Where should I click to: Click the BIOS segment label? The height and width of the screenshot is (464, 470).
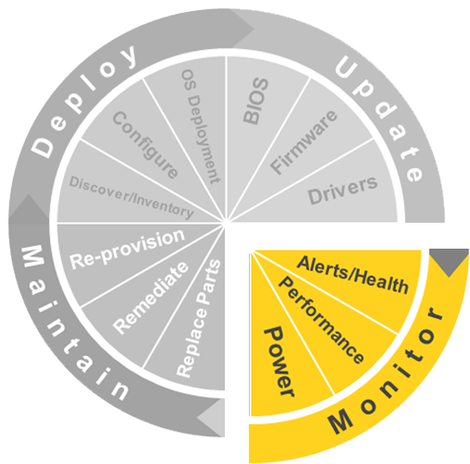[255, 101]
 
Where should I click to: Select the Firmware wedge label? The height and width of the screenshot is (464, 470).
[303, 142]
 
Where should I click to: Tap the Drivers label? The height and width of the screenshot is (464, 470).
[342, 190]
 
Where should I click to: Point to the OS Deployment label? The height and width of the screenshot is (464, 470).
[201, 127]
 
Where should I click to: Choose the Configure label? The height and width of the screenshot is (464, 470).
[145, 145]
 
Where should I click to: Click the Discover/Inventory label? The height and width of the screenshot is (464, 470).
[131, 198]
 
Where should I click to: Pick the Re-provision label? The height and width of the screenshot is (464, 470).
[127, 250]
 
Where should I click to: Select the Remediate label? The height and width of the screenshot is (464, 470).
[150, 298]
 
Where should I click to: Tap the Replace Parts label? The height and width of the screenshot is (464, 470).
[199, 319]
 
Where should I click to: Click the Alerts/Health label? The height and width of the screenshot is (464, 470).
[352, 275]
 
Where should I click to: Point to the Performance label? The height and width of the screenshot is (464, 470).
[321, 320]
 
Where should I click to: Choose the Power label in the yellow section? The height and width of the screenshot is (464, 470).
[279, 361]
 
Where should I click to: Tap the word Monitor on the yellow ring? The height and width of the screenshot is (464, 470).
[386, 371]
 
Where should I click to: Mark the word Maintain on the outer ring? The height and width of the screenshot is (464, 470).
[75, 323]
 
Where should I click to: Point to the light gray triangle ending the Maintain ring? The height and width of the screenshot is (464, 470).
[211, 418]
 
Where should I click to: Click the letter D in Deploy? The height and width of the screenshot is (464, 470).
[43, 148]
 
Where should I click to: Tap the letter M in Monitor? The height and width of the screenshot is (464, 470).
[340, 421]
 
